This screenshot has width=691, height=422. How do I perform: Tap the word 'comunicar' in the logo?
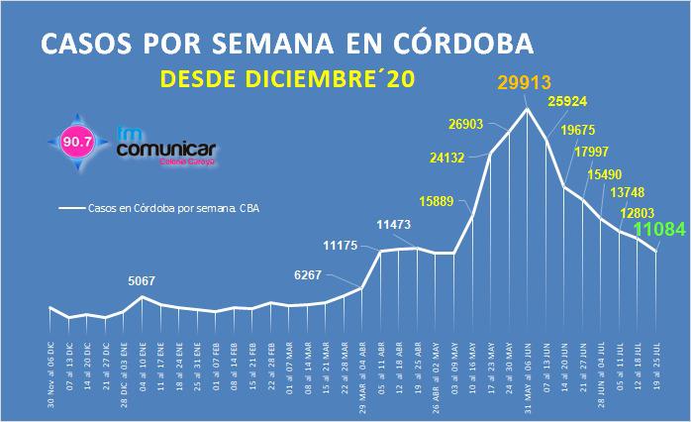coord(166,150)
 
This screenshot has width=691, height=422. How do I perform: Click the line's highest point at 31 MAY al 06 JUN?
coord(528,108)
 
